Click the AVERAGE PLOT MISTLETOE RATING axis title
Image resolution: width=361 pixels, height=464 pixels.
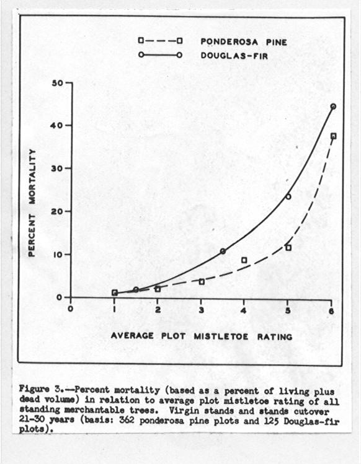[x=202, y=336]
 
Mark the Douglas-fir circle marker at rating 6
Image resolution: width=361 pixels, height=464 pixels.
[x=333, y=107]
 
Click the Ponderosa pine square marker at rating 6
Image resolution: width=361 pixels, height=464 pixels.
[x=333, y=136]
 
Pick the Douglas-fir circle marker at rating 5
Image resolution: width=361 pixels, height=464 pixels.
[x=288, y=196]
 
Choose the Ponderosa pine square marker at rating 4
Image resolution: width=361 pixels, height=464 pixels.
[x=244, y=260]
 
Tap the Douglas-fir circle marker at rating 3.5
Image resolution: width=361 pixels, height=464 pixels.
[x=223, y=251]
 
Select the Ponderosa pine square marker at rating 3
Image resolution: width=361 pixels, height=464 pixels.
[x=202, y=282]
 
